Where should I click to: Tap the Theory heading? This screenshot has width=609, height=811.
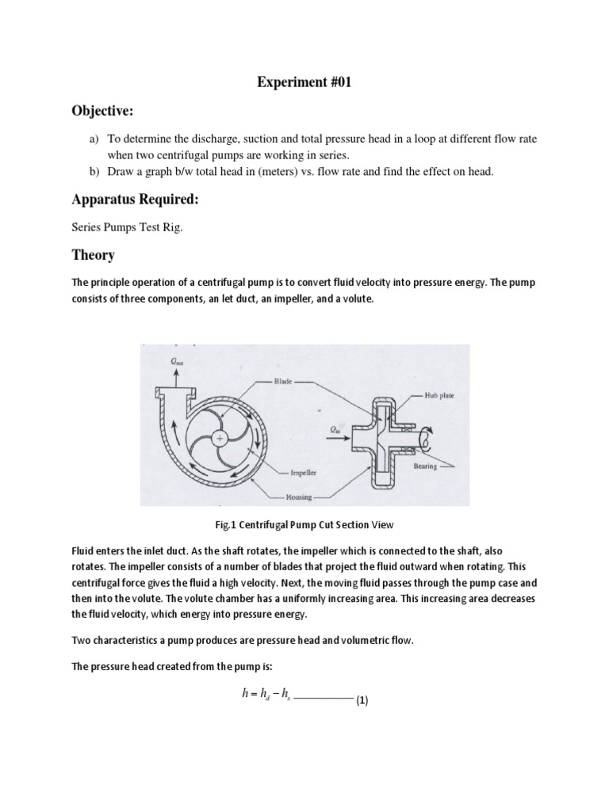[x=93, y=255]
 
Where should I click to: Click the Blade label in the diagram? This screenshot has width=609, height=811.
[x=284, y=380]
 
